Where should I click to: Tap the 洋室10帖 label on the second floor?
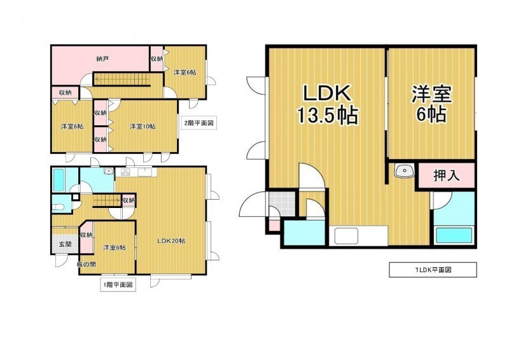pos(143,127)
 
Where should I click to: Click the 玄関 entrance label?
pos(66,244)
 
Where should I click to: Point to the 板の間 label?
pos(87,264)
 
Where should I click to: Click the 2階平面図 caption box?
pos(199,123)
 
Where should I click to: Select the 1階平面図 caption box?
pos(118,285)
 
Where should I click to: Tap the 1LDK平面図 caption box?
pos(433,270)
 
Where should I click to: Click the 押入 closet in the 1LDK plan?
pos(447,176)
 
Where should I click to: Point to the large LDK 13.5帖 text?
pos(327,104)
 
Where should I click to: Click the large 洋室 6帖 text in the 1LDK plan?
pos(432,103)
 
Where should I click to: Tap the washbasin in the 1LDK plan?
pos(404,170)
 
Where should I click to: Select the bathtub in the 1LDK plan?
pos(454,235)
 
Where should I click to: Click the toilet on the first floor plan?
pos(59,207)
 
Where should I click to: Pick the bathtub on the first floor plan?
pos(59,180)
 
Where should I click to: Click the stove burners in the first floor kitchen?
pos(125,172)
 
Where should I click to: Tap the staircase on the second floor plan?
pos(122,80)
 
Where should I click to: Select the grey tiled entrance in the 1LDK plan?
pos(282,204)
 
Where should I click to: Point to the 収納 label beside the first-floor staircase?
pos(129,200)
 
